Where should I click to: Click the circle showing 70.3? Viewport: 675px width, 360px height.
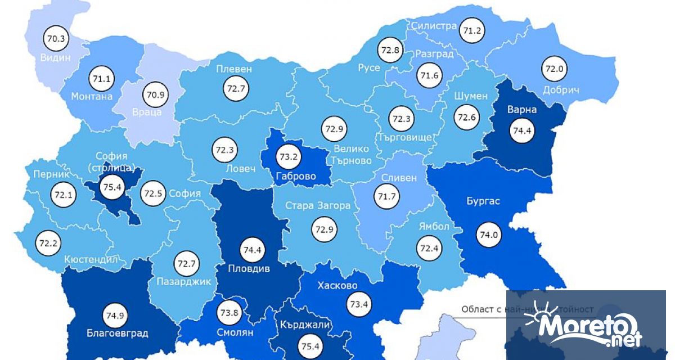(55, 39)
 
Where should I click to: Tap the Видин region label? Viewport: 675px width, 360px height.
(55, 58)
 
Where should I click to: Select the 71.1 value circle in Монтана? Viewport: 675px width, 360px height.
(102, 79)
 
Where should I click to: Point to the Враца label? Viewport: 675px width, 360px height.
(147, 112)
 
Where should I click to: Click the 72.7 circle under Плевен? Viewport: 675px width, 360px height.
(234, 88)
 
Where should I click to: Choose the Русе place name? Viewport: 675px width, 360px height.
(369, 67)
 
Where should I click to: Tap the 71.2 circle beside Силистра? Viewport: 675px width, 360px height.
(471, 30)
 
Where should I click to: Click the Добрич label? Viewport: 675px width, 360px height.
(561, 90)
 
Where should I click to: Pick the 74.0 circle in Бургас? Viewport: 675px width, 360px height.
(488, 235)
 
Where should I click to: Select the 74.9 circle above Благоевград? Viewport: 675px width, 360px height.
(114, 314)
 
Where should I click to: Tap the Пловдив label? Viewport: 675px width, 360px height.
(249, 268)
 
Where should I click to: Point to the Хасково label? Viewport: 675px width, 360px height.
(337, 285)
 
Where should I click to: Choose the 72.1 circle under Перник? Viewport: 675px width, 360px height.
(62, 195)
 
